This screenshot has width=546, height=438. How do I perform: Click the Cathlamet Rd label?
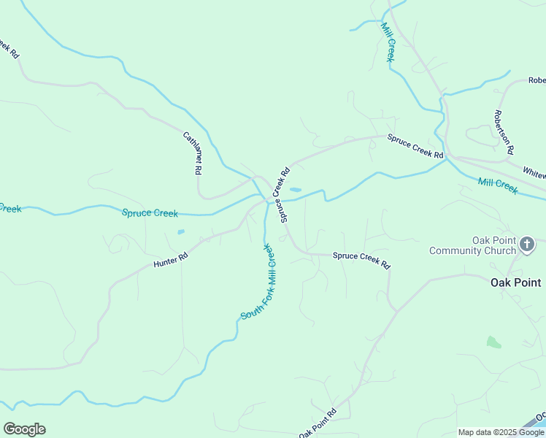point(192,153)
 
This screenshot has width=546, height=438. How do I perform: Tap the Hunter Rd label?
point(171,260)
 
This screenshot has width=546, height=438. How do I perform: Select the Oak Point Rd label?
point(318,423)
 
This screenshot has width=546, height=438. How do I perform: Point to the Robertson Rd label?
point(503,132)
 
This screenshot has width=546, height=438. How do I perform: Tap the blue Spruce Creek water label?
point(150,213)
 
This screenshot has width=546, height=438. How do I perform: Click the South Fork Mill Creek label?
point(259,282)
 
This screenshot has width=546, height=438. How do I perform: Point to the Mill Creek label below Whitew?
point(498,186)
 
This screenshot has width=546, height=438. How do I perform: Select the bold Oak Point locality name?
point(515,283)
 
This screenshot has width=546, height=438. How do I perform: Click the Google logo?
point(24,429)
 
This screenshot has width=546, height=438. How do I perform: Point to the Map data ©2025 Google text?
point(501,432)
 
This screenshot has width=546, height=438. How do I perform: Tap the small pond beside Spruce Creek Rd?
point(295,190)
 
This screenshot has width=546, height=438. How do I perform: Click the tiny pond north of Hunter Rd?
point(180,232)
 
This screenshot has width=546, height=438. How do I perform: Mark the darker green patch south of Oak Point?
point(494,342)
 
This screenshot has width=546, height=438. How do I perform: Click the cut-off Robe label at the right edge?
point(537,80)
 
